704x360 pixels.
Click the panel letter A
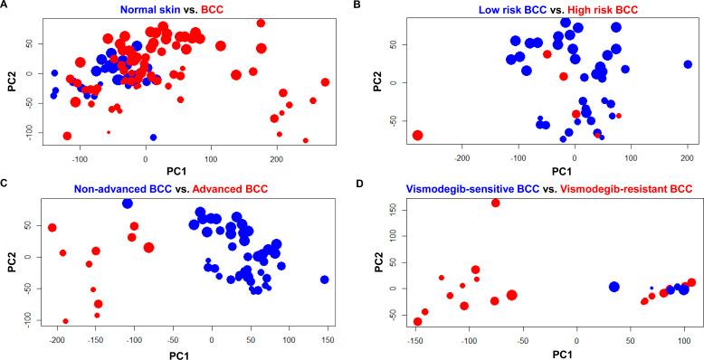(x=5, y=6)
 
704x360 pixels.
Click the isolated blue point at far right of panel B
(x=688, y=64)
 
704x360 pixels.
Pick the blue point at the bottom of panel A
(x=153, y=137)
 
